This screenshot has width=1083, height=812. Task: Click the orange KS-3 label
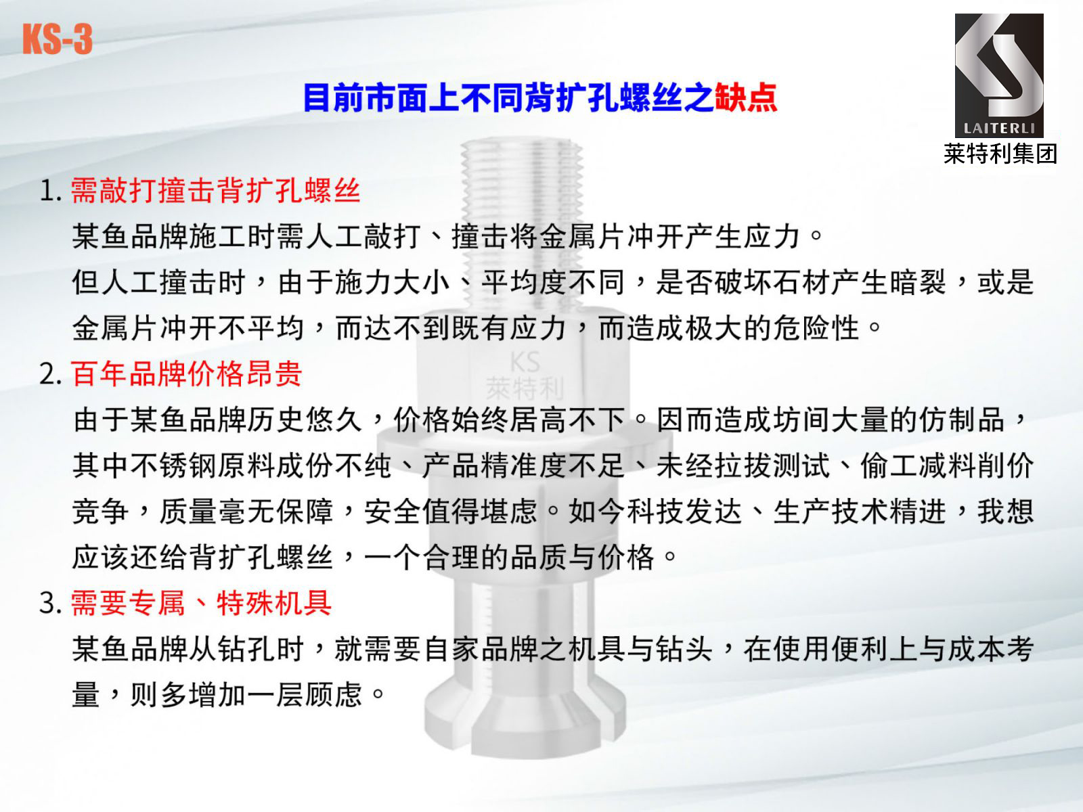click(58, 39)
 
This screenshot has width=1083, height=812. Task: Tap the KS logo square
click(999, 75)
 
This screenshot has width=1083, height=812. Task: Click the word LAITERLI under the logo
click(999, 129)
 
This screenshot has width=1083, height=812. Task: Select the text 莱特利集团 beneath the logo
click(1000, 154)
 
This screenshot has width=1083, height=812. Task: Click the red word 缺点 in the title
click(745, 97)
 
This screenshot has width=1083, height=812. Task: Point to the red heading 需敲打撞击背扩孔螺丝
click(216, 190)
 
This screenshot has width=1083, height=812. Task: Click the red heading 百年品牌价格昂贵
click(186, 374)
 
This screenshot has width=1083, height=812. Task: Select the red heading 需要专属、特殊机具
click(201, 603)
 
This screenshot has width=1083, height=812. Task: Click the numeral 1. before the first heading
click(50, 191)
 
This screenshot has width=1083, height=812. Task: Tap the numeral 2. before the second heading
click(50, 375)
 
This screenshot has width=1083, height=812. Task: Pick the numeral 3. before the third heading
click(50, 604)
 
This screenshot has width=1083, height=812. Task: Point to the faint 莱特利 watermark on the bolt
click(525, 388)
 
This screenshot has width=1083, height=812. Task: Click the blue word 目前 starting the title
click(333, 97)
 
